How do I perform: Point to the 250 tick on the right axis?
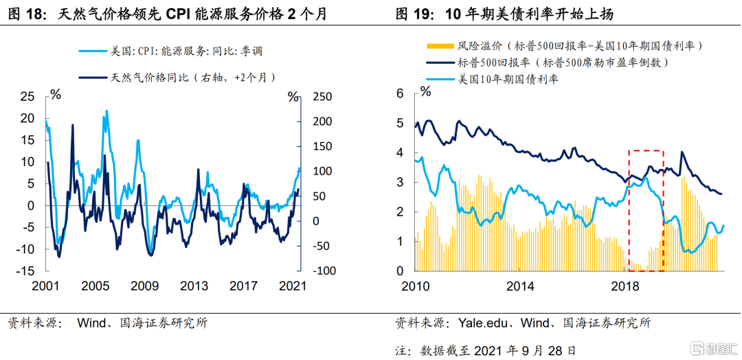click(323, 97)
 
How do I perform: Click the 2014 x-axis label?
click(520, 286)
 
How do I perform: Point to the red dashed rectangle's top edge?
click(646, 150)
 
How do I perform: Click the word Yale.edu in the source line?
click(480, 323)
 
